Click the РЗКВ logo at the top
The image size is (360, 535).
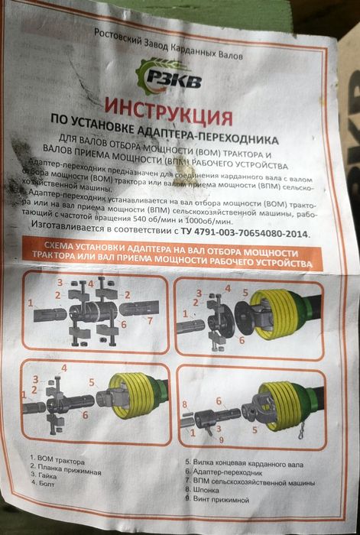coord(168,77)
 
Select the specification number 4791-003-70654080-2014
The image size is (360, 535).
coord(251,233)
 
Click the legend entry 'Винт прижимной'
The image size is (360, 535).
coord(217,499)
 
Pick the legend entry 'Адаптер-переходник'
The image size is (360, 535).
coord(224,472)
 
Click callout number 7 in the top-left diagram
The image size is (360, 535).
coord(149,320)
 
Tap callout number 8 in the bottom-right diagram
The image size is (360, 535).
coord(185,404)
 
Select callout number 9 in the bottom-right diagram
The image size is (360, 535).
coord(221,439)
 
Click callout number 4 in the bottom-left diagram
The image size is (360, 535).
coord(63,368)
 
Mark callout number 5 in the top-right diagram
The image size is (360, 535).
coord(245,293)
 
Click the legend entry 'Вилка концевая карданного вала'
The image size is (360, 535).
coord(245,463)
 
